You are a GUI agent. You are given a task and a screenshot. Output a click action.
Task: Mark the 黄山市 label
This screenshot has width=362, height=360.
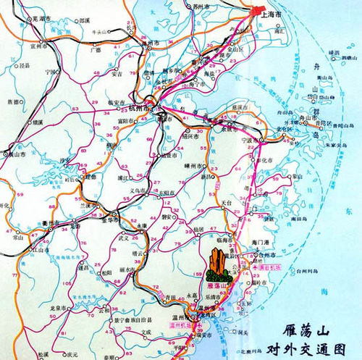pos(14,154)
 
